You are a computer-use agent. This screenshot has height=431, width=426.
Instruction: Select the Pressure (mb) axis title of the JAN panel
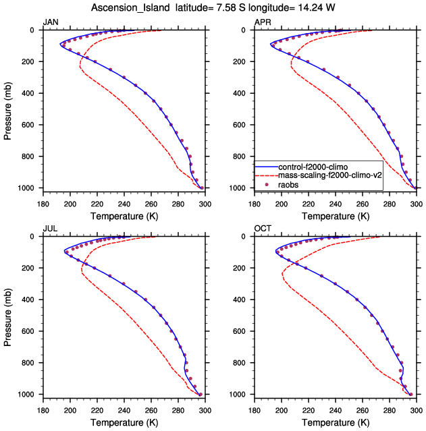coord(7,109)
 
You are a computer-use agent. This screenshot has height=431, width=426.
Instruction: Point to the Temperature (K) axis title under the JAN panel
coord(124,216)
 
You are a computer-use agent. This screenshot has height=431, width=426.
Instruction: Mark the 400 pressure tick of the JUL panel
coord(30,299)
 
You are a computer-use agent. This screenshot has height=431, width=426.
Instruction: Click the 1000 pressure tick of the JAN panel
coord(28,188)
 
